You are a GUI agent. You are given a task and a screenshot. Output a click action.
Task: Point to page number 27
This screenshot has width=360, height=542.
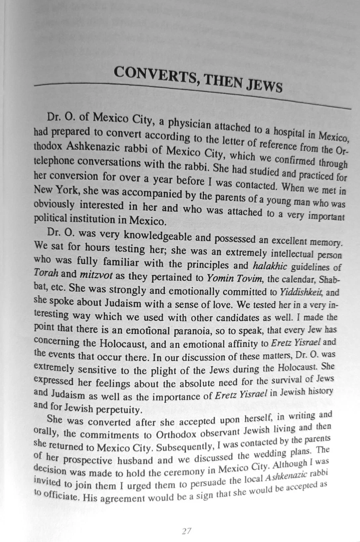click(186, 531)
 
